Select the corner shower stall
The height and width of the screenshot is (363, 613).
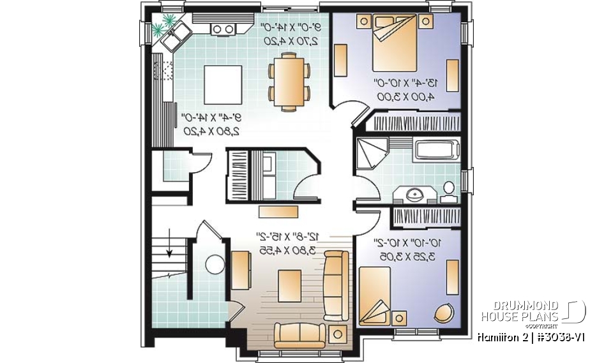pos(372,154)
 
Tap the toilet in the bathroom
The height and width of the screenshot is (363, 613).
pos(449,189)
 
